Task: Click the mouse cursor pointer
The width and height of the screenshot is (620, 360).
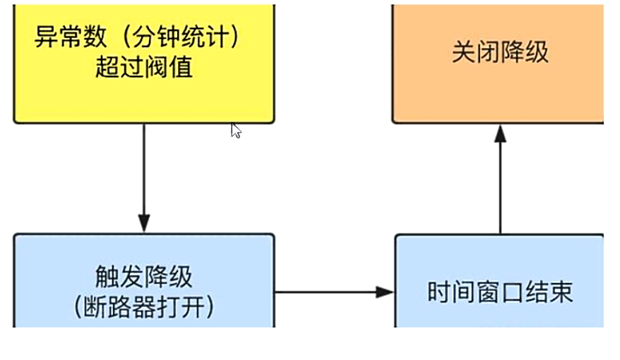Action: point(235,130)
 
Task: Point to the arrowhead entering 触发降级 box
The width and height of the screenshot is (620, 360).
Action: point(144,224)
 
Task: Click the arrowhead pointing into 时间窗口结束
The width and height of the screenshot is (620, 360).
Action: point(384,292)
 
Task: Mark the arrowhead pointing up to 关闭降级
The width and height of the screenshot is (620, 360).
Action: point(500,133)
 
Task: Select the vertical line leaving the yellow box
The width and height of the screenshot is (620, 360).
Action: point(144,169)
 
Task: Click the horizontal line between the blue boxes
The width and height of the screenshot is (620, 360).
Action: point(325,292)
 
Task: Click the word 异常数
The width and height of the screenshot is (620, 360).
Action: point(64,37)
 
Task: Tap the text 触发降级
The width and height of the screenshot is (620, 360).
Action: point(143,277)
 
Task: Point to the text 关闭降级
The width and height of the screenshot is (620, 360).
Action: point(500,53)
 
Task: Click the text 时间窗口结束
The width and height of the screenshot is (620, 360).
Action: point(500,292)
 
